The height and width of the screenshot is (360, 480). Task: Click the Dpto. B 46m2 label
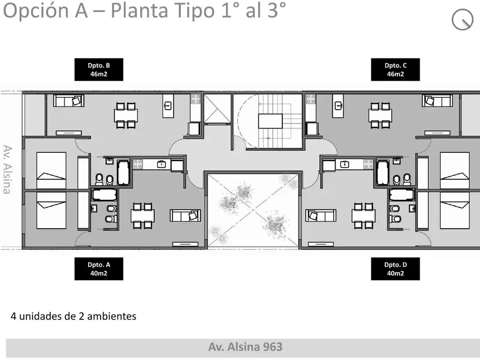[99, 69]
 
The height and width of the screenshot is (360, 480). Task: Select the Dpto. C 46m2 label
[395, 69]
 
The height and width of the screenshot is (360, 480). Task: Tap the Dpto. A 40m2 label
[99, 269]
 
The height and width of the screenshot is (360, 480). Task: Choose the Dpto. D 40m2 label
[395, 269]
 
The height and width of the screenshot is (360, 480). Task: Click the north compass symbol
[462, 20]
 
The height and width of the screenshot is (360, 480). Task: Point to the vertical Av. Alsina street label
[7, 169]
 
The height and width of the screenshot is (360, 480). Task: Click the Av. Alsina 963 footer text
[245, 347]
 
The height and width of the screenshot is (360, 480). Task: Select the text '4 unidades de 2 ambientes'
[74, 316]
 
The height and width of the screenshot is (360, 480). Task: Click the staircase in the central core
[270, 121]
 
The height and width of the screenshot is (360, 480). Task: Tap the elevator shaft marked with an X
[217, 109]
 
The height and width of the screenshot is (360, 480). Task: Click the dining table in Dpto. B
[126, 115]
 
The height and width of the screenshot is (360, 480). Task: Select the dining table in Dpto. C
[380, 115]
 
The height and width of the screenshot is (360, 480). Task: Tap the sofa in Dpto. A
[186, 216]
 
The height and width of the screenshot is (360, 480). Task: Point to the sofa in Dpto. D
[321, 216]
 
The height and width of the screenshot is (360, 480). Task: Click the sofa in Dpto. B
[68, 101]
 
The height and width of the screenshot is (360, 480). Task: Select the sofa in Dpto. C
[437, 101]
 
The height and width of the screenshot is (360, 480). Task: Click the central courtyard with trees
[253, 210]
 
